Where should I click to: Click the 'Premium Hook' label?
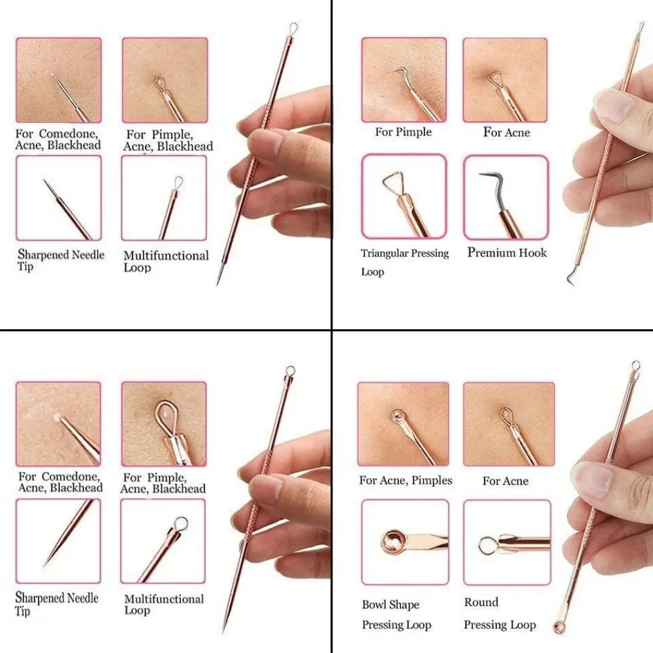point(507,253)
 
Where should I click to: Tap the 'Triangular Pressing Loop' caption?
point(404,261)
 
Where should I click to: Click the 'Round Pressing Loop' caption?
point(500,614)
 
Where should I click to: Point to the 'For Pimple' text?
point(403,132)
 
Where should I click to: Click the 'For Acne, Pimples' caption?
point(406,481)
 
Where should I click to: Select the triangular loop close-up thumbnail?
point(404,197)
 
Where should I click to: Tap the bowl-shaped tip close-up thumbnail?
point(405,541)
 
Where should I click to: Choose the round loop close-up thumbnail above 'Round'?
point(507,543)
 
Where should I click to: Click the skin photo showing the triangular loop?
point(505,80)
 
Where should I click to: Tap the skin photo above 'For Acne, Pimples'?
point(403,424)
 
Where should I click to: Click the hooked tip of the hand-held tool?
point(570,279)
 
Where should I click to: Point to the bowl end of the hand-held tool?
point(559,628)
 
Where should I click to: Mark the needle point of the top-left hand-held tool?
point(218,283)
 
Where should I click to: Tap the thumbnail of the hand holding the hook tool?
point(607,163)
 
